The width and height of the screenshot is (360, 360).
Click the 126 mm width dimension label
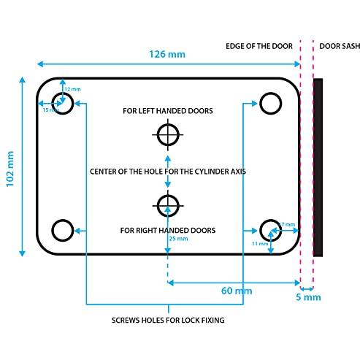click(x=167, y=53)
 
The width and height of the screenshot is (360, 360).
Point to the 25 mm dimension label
click(x=177, y=239)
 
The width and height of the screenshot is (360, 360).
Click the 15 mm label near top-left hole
click(x=49, y=110)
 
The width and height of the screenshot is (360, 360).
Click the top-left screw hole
click(x=64, y=104)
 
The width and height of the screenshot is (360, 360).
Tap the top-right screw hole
click(x=272, y=104)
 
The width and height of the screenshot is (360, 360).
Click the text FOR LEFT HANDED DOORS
click(x=168, y=111)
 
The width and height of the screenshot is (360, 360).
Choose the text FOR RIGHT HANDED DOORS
click(x=168, y=230)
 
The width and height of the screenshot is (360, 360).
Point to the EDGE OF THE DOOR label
click(x=259, y=46)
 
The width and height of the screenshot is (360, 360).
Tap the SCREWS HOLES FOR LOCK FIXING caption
click(x=168, y=321)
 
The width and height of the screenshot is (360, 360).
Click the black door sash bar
click(x=318, y=167)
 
